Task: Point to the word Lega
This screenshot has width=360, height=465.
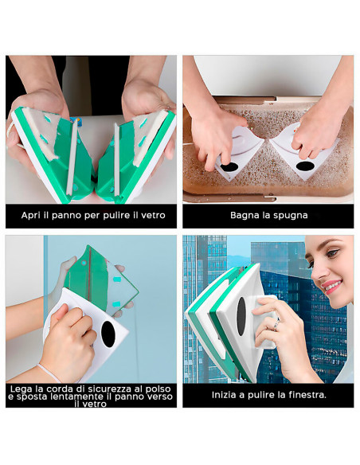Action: pos(22,388)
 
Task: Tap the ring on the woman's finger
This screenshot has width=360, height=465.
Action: pos(276,326)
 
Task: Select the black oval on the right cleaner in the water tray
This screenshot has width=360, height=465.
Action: pos(304,166)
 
